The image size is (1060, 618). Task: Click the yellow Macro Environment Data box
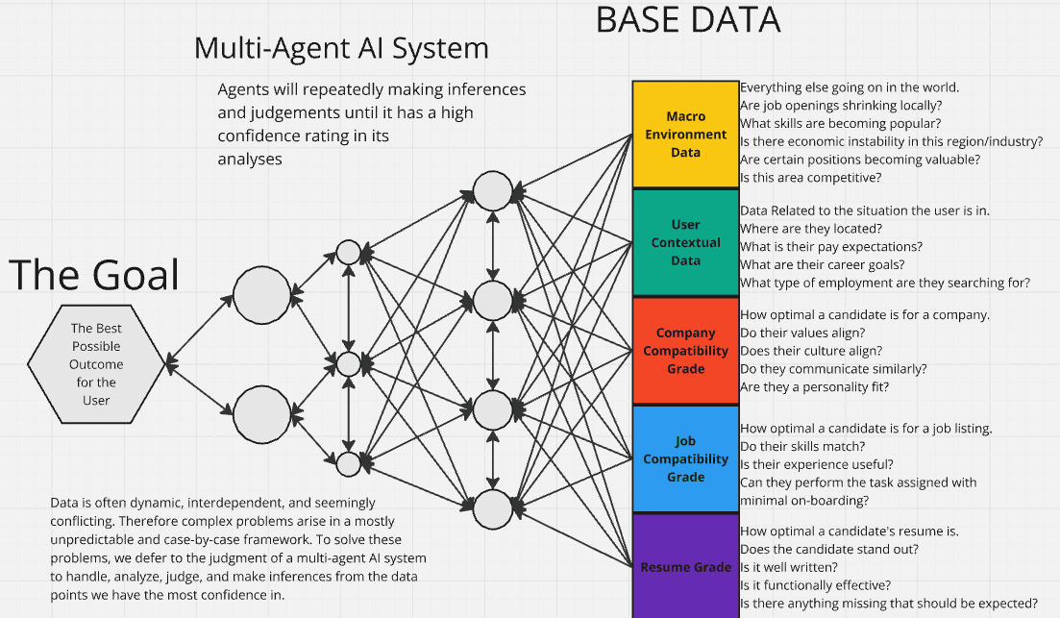coord(685,135)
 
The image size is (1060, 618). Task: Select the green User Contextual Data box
coord(685,242)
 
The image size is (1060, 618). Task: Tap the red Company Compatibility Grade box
coord(685,351)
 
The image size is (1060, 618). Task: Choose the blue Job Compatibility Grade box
coord(685,458)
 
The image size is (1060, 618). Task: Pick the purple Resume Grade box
coord(685,567)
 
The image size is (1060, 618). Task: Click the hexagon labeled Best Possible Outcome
coord(96,364)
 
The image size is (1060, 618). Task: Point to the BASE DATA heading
coord(688,20)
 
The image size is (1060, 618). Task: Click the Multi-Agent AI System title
coord(341,48)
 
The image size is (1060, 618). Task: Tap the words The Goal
coord(94,275)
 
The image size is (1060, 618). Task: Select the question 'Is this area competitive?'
coord(810,177)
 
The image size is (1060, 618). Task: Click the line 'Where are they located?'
coord(810,229)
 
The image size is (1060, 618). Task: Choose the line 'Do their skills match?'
coord(802,446)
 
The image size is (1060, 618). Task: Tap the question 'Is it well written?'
coord(788,567)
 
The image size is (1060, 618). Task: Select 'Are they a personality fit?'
coord(815,386)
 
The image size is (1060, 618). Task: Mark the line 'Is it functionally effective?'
coord(815,585)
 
